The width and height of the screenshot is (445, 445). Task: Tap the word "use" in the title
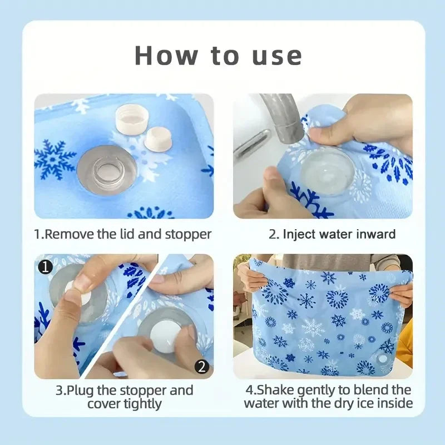pos(275,55)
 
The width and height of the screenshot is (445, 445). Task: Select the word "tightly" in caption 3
pos(145,403)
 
